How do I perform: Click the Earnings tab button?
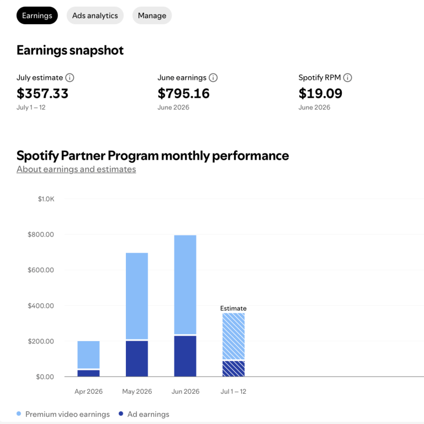[x=37, y=15]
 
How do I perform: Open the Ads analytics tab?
[x=95, y=15]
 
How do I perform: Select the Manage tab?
[x=152, y=15]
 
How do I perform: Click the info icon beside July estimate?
[x=70, y=78]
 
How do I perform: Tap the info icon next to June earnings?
[x=213, y=78]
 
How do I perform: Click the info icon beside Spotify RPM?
[x=347, y=78]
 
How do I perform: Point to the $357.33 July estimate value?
[x=43, y=93]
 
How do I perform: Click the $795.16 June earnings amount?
[x=184, y=93]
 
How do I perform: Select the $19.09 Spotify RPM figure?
[x=320, y=93]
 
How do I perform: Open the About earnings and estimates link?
[x=76, y=169]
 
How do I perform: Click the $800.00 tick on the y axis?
[x=41, y=235]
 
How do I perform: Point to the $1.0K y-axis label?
[x=46, y=199]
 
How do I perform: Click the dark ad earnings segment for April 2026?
[x=88, y=373]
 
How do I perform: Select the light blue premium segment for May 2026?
[x=137, y=296]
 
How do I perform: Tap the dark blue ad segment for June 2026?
[x=185, y=356]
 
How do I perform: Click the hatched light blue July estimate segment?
[x=234, y=336]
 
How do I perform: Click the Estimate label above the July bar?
[x=234, y=308]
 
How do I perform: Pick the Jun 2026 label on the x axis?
[x=185, y=391]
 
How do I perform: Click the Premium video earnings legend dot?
[x=19, y=414]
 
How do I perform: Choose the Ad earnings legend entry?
[x=144, y=414]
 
